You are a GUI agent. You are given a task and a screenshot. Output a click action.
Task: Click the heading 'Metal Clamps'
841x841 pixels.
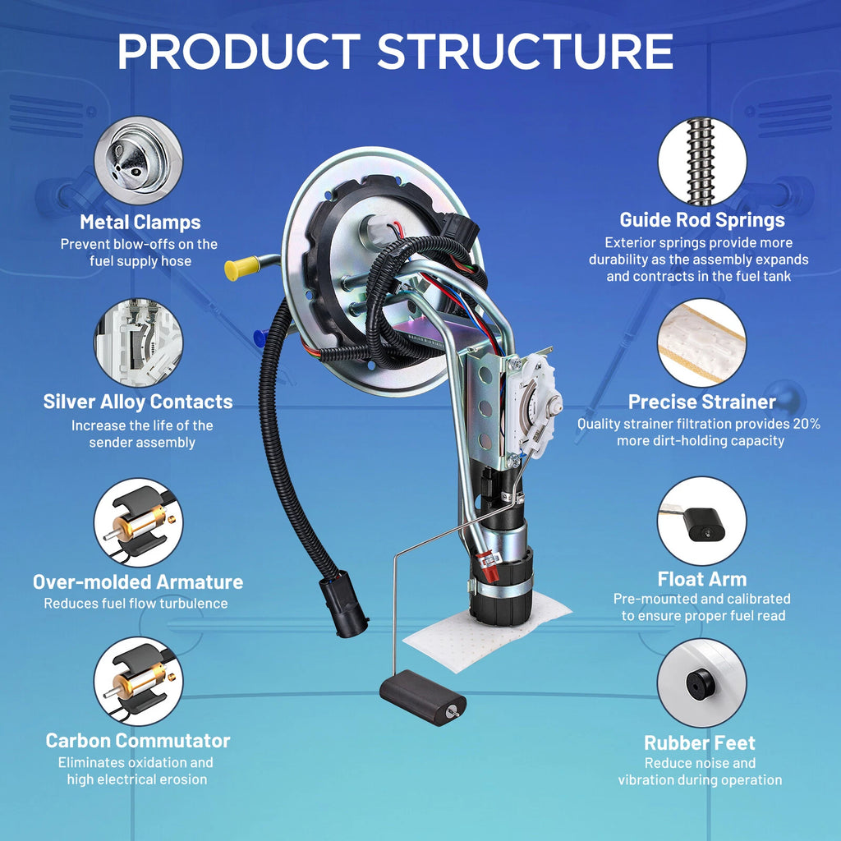[140, 222]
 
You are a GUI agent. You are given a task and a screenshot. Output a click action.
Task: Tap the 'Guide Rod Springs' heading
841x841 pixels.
[702, 220]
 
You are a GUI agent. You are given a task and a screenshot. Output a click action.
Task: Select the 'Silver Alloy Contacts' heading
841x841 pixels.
[138, 402]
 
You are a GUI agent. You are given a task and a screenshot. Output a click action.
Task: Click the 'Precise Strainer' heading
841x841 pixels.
[701, 402]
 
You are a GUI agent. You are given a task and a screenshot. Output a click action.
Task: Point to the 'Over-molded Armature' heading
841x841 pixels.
[138, 582]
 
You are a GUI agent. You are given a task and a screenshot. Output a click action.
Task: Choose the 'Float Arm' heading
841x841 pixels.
[701, 579]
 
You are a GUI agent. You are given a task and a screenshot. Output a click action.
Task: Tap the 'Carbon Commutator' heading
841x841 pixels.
[138, 741]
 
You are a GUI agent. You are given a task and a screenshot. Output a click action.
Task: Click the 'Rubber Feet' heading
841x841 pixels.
[700, 742]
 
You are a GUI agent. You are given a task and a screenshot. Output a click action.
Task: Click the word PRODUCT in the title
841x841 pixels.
[239, 52]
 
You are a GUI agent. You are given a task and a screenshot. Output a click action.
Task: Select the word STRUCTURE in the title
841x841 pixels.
[526, 52]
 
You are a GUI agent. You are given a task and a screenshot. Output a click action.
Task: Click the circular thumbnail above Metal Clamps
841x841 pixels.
[138, 160]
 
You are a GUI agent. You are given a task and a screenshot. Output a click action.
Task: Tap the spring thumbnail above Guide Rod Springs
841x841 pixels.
[702, 162]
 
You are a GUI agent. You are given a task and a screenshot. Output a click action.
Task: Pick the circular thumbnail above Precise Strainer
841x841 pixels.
[701, 342]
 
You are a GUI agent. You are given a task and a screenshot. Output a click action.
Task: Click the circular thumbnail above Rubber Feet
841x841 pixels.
[701, 682]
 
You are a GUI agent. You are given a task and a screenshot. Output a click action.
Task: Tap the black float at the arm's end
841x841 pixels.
[422, 698]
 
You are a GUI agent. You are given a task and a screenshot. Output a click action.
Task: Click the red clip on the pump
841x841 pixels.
[489, 567]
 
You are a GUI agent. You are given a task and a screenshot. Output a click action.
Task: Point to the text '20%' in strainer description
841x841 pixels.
[807, 424]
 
